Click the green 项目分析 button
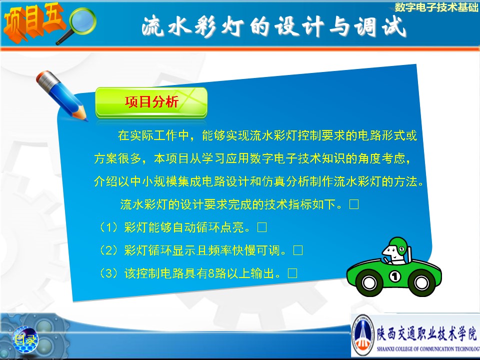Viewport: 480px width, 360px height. click(151, 102)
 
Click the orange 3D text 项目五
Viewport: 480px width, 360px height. click(33, 22)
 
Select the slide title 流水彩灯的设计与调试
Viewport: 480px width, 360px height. click(273, 27)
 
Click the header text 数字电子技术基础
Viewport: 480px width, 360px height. click(436, 6)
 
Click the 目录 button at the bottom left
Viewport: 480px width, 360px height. click(25, 339)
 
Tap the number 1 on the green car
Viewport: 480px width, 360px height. click(395, 276)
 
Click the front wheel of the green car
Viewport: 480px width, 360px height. click(369, 283)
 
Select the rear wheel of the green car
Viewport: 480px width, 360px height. click(421, 283)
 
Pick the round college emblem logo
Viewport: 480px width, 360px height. click(363, 335)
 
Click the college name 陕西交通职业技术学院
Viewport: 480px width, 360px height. click(426, 333)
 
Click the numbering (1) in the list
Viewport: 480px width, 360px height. click(109, 227)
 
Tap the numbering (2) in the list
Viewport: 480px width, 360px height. click(109, 250)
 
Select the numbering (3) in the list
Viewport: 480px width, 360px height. click(109, 273)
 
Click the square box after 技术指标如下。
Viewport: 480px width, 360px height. click(354, 204)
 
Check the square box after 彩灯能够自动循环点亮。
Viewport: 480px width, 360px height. click(262, 227)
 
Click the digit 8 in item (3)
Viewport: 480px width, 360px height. click(211, 273)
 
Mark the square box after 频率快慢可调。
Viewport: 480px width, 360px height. click(298, 250)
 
